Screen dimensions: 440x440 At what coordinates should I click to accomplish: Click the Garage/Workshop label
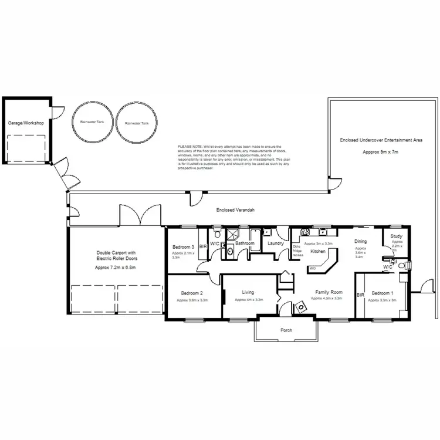[26, 123]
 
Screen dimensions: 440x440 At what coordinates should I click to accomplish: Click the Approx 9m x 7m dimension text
[380, 152]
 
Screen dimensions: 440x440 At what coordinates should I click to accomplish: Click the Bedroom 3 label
[184, 247]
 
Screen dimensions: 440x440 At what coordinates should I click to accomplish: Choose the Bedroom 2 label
[192, 293]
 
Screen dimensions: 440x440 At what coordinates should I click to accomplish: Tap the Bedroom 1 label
[383, 293]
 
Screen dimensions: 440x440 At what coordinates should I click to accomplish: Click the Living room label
[248, 292]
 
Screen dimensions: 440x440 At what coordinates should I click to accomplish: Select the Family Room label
[329, 292]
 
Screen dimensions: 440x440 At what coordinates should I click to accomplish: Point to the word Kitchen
[318, 251]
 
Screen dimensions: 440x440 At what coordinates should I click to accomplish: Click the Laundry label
[275, 243]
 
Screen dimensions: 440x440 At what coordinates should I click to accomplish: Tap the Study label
[397, 236]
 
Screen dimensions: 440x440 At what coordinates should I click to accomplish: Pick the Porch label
[286, 330]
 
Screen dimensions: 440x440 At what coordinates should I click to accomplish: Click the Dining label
[360, 241]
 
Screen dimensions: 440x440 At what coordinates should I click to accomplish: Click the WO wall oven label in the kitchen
[313, 268]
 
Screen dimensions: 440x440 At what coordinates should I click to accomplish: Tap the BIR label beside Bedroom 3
[203, 246]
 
